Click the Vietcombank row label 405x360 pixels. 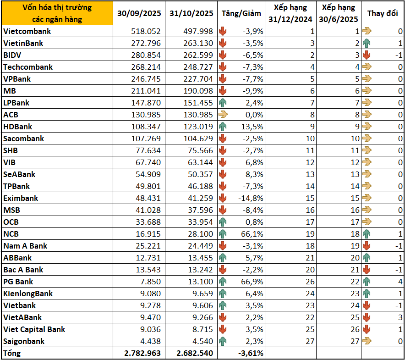pos(27,31)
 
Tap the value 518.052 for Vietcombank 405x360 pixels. pos(146,31)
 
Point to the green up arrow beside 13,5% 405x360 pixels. pos(223,127)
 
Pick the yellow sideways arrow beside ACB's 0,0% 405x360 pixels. pos(223,115)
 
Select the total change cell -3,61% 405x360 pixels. pos(250,353)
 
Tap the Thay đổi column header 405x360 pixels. pos(382,13)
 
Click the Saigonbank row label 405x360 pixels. pos(24,341)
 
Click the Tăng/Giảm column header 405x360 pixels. pos(242,13)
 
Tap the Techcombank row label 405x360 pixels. pos(28,67)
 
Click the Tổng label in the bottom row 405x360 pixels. pos(12,353)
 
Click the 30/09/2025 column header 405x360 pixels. pos(139,13)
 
